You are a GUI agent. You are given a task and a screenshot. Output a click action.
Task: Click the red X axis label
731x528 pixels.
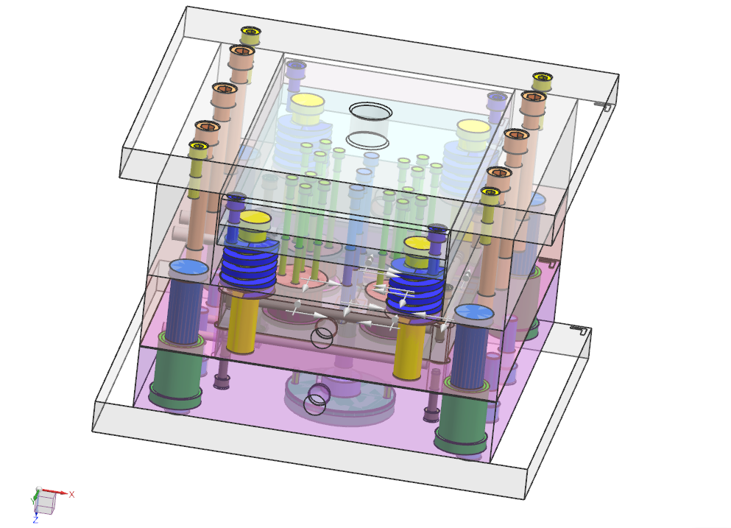tap(72, 494)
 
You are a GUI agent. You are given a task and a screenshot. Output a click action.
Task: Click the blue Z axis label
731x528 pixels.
tap(35, 520)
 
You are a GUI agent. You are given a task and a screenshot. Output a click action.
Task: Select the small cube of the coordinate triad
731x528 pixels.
tap(45, 503)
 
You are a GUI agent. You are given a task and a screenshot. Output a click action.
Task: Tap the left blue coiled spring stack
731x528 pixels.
tap(249, 267)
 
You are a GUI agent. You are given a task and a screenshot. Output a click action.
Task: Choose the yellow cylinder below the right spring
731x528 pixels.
tap(409, 347)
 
